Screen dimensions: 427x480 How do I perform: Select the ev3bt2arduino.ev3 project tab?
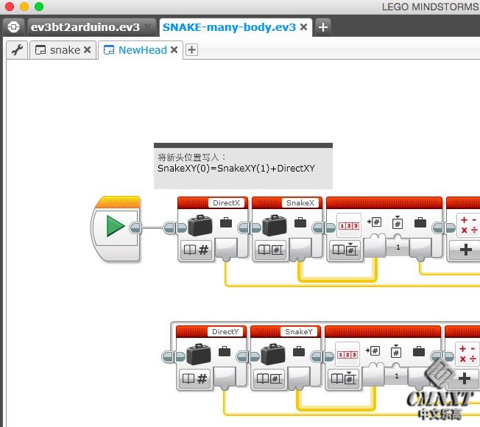tap(85, 27)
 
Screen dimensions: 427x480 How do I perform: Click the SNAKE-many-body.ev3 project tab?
tap(229, 27)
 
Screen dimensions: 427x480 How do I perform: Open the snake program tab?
tap(65, 50)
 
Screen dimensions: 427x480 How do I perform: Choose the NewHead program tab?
tap(142, 50)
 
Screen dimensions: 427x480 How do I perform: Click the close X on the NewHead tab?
tap(174, 50)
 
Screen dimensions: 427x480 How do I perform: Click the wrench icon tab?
tap(17, 50)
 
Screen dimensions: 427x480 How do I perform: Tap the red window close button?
tap(10, 7)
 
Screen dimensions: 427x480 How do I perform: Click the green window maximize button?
tap(39, 7)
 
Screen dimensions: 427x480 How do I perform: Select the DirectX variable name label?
tap(225, 203)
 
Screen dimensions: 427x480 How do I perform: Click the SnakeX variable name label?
tap(300, 203)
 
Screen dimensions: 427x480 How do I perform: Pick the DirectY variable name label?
tap(225, 332)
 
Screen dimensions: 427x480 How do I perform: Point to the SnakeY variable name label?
tap(299, 332)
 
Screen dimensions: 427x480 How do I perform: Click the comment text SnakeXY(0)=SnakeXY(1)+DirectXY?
tap(236, 169)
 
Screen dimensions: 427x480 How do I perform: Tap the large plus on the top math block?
tap(465, 250)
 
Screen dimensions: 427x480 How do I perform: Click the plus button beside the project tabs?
tap(322, 27)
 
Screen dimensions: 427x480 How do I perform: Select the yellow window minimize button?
tap(24, 7)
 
